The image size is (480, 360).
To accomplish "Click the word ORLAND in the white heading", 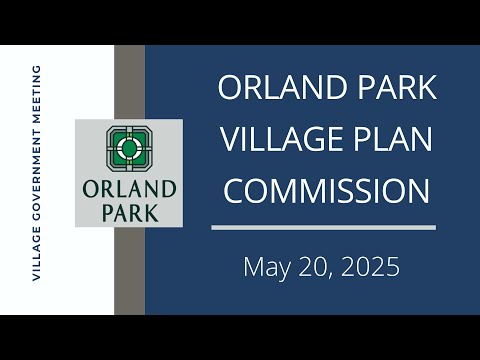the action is click(282, 87).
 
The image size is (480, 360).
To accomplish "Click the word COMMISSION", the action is click(327, 191).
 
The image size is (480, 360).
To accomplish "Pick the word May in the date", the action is click(267, 267).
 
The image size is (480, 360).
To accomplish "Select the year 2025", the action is click(370, 267).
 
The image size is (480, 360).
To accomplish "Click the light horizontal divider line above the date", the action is click(323, 227).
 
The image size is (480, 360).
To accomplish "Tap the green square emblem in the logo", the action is click(129, 149).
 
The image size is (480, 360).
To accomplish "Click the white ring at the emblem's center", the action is click(129, 149).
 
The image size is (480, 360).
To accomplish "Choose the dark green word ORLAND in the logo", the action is click(129, 189).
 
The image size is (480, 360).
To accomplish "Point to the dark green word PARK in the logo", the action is click(130, 213).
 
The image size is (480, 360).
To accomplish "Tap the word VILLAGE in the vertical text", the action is click(36, 254).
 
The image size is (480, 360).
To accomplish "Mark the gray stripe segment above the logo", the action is click(129, 82).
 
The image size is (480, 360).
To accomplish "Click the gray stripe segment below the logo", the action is click(129, 271).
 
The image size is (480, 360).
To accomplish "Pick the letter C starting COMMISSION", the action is click(234, 191).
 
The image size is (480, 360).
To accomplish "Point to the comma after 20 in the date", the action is click(335, 276).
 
